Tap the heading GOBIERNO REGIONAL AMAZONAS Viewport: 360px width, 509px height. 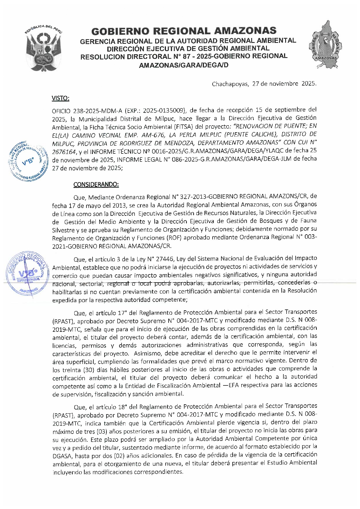pos(184,31)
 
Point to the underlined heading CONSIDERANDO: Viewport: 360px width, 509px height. pos(96,184)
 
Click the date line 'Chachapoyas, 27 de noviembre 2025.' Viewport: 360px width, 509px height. pos(264,84)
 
